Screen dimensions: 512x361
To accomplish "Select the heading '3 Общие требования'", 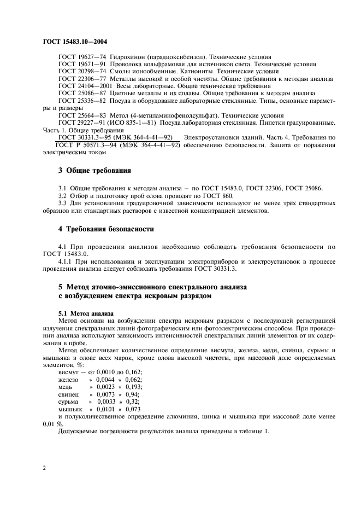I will click(94, 170).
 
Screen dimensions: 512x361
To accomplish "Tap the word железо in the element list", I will click(68, 379).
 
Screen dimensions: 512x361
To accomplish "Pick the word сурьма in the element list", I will click(69, 401).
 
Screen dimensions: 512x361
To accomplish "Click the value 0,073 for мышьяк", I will click(133, 409).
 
